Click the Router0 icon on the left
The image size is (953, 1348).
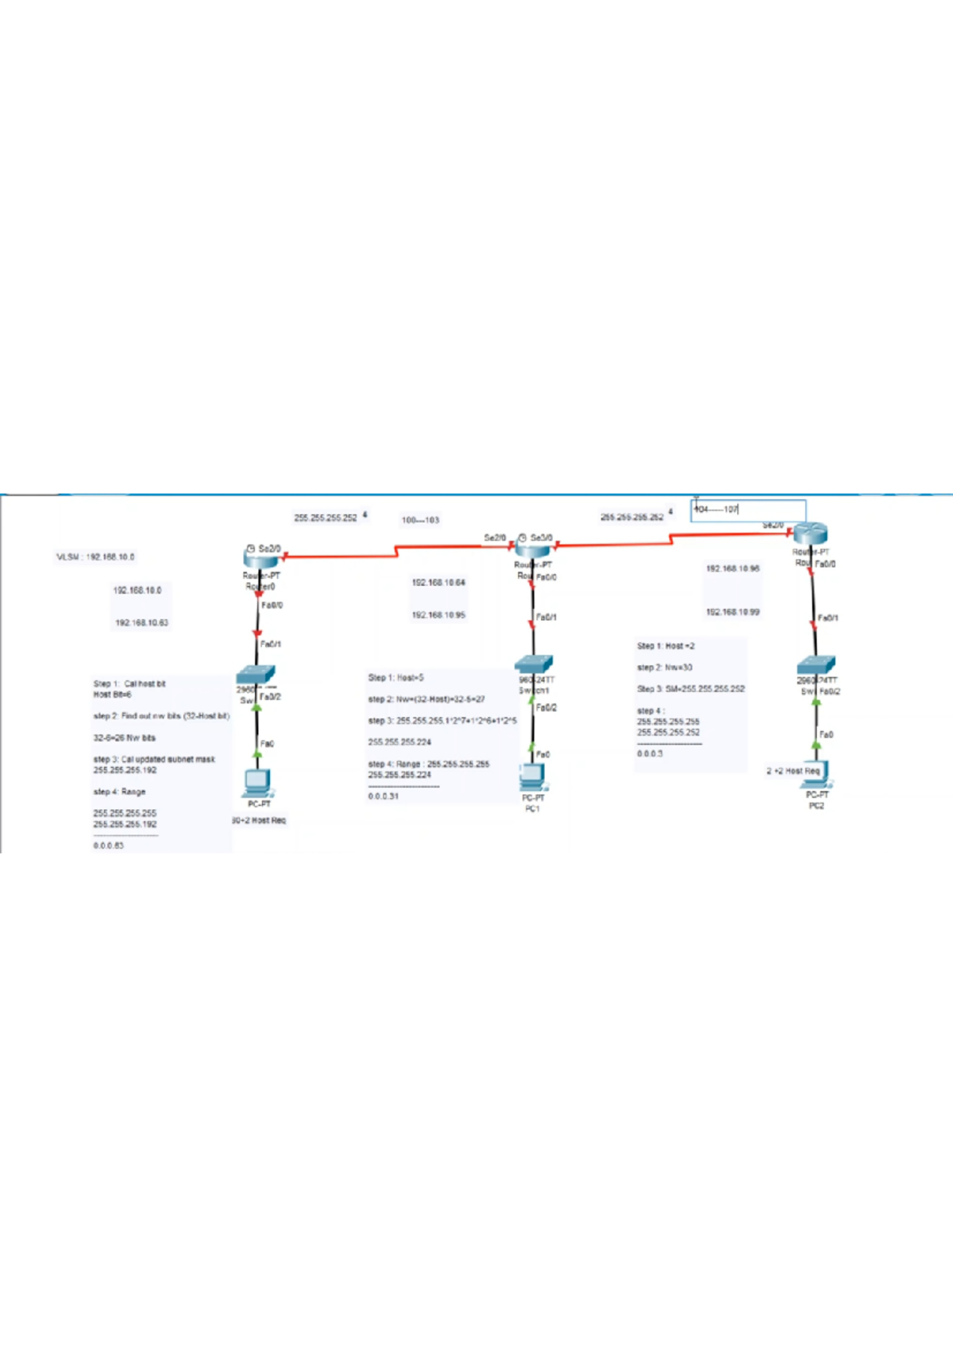click(x=260, y=558)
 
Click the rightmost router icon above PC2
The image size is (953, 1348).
click(x=810, y=534)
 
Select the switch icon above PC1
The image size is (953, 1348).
click(x=534, y=664)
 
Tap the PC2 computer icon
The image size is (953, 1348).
click(x=816, y=774)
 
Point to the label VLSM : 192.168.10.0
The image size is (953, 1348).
click(x=95, y=557)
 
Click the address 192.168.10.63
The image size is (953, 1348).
click(x=141, y=623)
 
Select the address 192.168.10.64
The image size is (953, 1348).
click(x=438, y=583)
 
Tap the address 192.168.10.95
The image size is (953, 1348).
click(x=438, y=615)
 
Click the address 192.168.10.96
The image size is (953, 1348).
click(x=732, y=568)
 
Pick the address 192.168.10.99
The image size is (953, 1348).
click(x=732, y=612)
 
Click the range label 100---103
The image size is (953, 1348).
click(x=420, y=521)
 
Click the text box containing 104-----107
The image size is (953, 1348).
click(x=748, y=510)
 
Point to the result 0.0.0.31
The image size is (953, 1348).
click(x=384, y=796)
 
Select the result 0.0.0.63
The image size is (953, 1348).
click(x=108, y=846)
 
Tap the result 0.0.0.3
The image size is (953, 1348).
click(x=650, y=754)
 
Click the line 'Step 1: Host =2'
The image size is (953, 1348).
click(x=666, y=646)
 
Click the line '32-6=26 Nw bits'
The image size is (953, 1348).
click(x=125, y=738)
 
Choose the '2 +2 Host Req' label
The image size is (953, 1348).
click(x=792, y=771)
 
